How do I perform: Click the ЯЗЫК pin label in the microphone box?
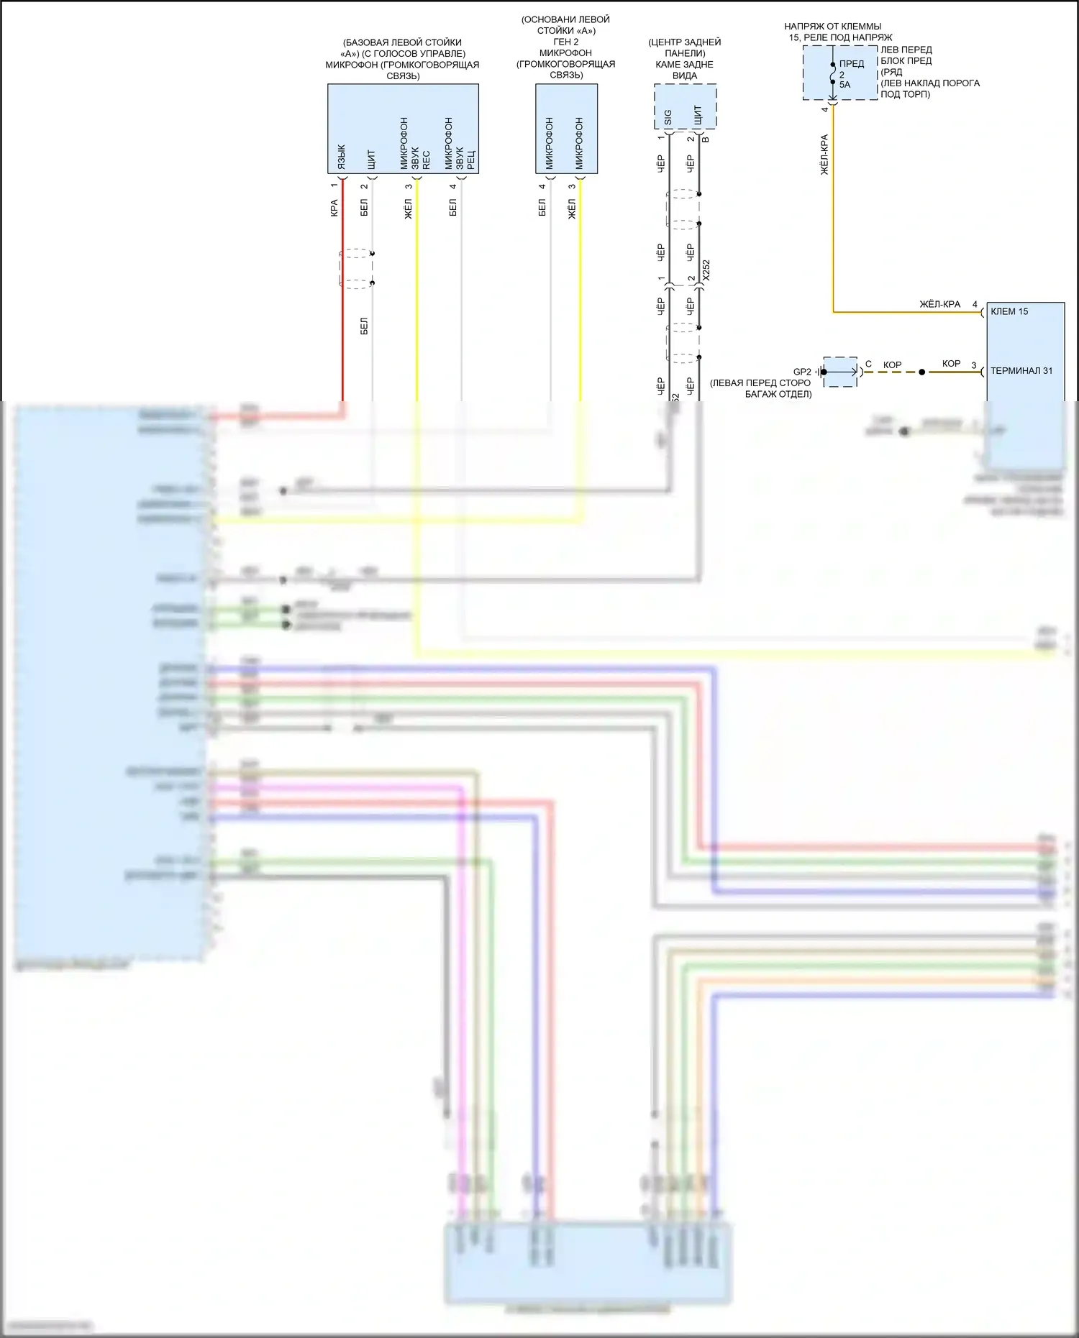pyautogui.click(x=342, y=157)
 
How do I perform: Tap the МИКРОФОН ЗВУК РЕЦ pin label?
pyautogui.click(x=459, y=144)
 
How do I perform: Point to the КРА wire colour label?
pyautogui.click(x=334, y=208)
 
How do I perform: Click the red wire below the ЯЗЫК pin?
pyautogui.click(x=342, y=302)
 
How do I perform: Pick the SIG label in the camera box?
pyautogui.click(x=668, y=117)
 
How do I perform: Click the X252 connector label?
pyautogui.click(x=706, y=270)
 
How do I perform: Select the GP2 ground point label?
pyautogui.click(x=802, y=372)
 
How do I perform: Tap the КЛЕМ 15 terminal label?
pyautogui.click(x=1009, y=311)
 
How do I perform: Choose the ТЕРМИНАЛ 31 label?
pyautogui.click(x=1021, y=371)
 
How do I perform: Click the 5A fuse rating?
pyautogui.click(x=844, y=85)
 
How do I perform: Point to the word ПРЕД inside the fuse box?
pyautogui.click(x=852, y=64)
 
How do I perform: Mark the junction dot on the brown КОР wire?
pyautogui.click(x=922, y=372)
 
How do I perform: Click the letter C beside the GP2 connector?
pyautogui.click(x=868, y=364)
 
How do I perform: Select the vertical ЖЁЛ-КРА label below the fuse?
pyautogui.click(x=824, y=155)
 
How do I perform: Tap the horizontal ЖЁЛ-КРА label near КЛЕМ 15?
pyautogui.click(x=939, y=304)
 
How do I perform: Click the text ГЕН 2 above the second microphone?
pyautogui.click(x=566, y=42)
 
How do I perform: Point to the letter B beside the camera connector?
pyautogui.click(x=706, y=139)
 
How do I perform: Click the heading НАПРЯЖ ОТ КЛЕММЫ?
pyautogui.click(x=832, y=27)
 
